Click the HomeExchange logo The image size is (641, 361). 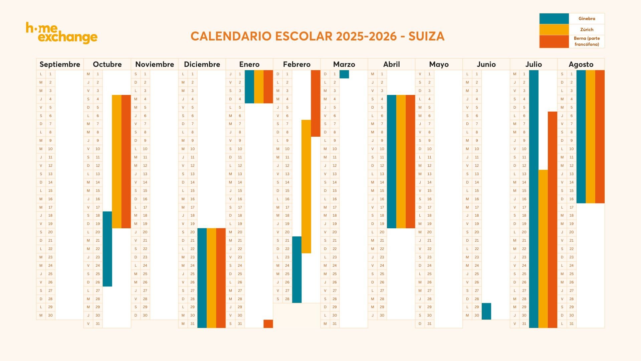point(62,33)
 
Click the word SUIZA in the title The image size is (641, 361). point(426,36)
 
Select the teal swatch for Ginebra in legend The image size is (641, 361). point(554,19)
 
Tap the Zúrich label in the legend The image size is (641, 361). point(587,29)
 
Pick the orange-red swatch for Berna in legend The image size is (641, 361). point(554,41)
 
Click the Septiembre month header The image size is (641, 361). point(60,64)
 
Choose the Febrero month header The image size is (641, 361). point(296,64)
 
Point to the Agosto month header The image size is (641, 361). point(581,64)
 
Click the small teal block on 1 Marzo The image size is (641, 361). point(344,74)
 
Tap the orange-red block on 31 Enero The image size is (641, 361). point(268,324)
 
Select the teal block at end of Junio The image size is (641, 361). point(486,311)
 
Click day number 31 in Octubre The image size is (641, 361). point(98,324)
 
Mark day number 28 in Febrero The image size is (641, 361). point(287,299)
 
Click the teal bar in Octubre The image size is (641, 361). point(107,249)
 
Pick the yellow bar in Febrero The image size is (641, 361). point(306,186)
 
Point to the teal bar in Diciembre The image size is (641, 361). point(202,278)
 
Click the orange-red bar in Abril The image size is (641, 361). point(410,161)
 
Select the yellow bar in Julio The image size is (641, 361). point(543,249)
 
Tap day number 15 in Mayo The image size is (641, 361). point(429,191)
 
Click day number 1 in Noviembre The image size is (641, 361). point(145,74)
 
